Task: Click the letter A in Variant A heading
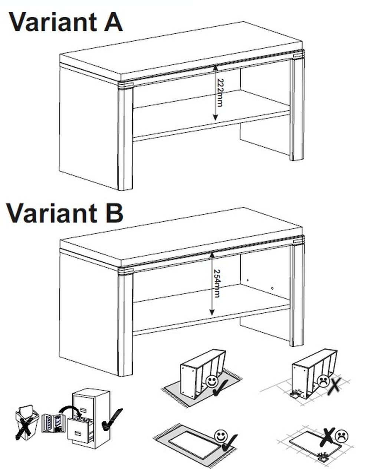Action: point(113,22)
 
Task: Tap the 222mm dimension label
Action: point(219,93)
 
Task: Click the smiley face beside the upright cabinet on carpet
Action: point(212,381)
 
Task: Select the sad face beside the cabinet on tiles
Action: point(324,381)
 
